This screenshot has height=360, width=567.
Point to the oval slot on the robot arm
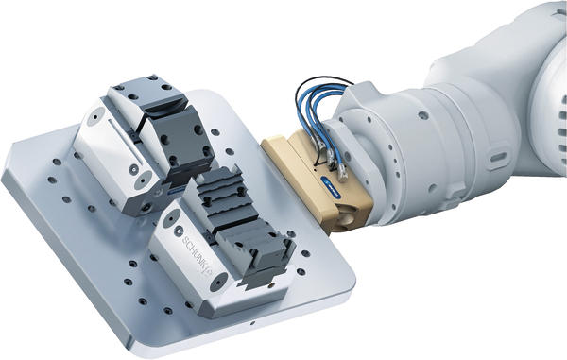pyautogui.click(x=499, y=158)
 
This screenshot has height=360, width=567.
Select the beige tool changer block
pyautogui.click(x=317, y=181)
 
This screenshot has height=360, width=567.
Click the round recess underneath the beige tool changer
pyautogui.click(x=348, y=218)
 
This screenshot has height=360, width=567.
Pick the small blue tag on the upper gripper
pyautogui.click(x=176, y=193)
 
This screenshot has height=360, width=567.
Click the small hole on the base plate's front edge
pyautogui.click(x=252, y=323)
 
